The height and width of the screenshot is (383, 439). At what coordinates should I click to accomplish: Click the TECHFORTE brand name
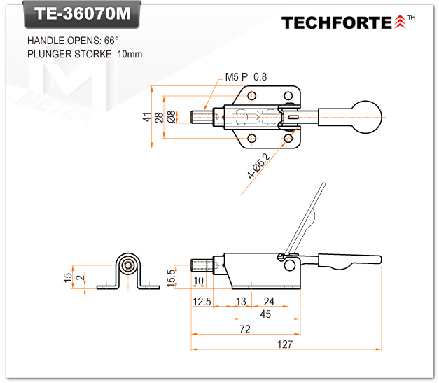[x=336, y=22]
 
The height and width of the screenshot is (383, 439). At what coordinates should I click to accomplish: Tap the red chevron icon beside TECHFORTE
[x=400, y=22]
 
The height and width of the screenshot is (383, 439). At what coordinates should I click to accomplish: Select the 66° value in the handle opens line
[x=111, y=41]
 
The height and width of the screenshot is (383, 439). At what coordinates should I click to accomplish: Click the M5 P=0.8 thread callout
[x=246, y=76]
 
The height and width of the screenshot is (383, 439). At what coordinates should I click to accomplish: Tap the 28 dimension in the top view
[x=160, y=117]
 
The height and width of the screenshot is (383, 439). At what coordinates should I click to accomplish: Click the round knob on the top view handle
[x=367, y=116]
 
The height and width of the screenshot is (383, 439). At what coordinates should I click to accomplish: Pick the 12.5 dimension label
[x=201, y=301]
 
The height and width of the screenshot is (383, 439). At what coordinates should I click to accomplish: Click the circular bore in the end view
[x=127, y=265]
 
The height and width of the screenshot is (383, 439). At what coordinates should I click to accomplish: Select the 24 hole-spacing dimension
[x=269, y=301]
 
